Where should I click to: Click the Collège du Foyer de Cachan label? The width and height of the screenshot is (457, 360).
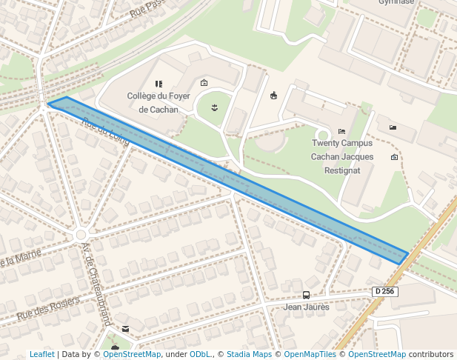click(x=158, y=102)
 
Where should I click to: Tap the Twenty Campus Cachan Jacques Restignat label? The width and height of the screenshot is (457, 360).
click(x=341, y=156)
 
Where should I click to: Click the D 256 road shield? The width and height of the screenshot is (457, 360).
click(x=385, y=291)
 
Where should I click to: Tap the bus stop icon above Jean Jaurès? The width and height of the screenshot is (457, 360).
click(x=307, y=294)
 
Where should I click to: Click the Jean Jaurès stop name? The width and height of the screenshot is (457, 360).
click(x=307, y=306)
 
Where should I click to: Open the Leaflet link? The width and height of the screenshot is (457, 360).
click(x=41, y=354)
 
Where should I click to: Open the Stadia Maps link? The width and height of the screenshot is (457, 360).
click(x=249, y=354)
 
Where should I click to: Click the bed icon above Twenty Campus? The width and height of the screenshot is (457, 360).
click(x=341, y=131)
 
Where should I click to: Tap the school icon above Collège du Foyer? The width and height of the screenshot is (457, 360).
click(x=158, y=84)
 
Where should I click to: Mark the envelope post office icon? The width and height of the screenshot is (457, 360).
click(x=125, y=328)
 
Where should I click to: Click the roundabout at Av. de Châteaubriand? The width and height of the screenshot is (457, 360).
click(x=81, y=235)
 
